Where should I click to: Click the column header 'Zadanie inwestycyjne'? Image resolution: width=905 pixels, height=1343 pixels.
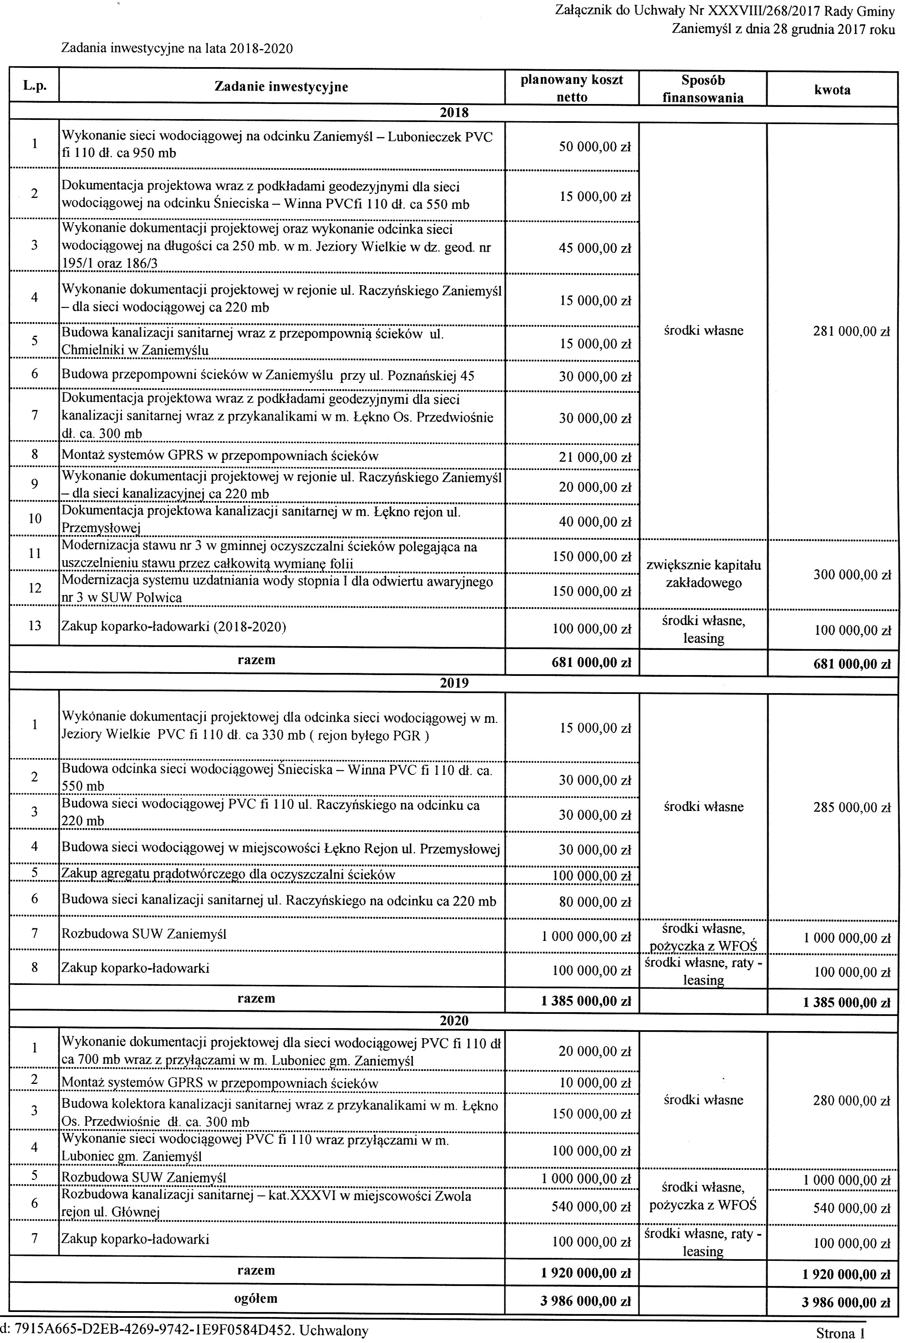tap(281, 87)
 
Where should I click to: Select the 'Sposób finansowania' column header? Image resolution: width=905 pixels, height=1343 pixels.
tap(703, 89)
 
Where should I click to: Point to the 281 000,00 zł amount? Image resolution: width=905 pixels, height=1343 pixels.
tap(851, 331)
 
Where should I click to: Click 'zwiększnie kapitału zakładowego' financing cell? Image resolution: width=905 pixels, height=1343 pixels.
tap(703, 574)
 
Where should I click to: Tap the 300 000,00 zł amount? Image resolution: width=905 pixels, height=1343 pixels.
tap(852, 575)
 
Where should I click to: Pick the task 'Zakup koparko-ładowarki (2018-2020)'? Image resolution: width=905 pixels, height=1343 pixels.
tap(174, 626)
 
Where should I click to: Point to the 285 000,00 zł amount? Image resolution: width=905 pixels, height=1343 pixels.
tap(852, 807)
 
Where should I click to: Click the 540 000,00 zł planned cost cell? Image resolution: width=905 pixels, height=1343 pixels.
tap(591, 1207)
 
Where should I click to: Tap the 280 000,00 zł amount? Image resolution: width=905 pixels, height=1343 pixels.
tap(852, 1101)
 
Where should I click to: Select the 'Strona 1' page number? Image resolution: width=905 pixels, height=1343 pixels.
tap(840, 1333)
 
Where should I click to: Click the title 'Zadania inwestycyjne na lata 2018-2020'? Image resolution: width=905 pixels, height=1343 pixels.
tap(177, 49)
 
